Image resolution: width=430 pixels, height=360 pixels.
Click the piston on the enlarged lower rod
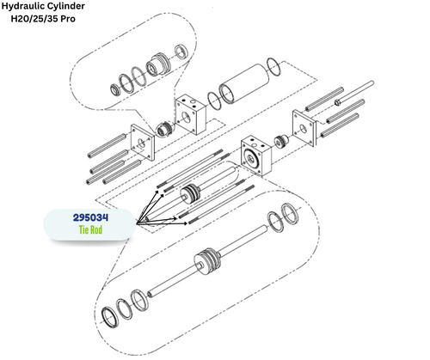pyautogui.click(x=205, y=262)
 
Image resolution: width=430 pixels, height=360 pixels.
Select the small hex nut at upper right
pyautogui.click(x=338, y=101)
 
